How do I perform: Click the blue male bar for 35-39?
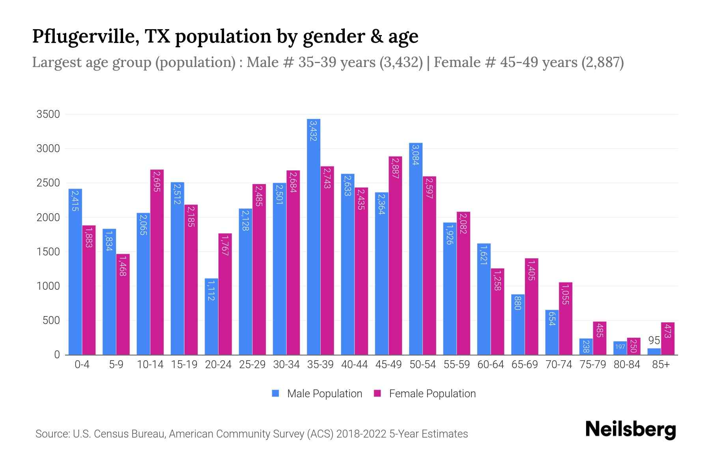point(314,236)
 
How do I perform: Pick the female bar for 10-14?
point(157,262)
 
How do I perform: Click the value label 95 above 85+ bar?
point(654,341)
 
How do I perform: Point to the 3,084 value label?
point(415,155)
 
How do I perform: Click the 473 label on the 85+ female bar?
point(667,331)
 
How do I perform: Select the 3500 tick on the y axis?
point(48,115)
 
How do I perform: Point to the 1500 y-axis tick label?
point(48,252)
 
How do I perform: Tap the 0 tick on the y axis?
point(57,355)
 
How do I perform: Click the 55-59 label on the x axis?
point(456,365)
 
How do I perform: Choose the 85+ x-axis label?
point(661,365)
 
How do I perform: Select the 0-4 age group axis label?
point(82,365)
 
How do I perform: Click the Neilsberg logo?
point(630,430)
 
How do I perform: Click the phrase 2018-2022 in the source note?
point(361,434)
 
